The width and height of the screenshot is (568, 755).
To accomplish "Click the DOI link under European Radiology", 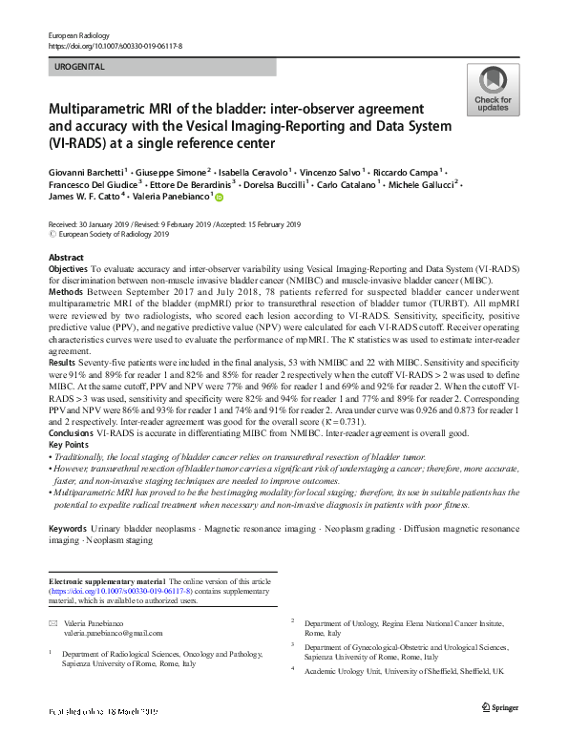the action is (116, 45).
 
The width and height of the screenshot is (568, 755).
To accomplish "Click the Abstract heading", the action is (66, 259).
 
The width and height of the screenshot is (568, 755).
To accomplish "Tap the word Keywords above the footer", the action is (69, 529).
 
